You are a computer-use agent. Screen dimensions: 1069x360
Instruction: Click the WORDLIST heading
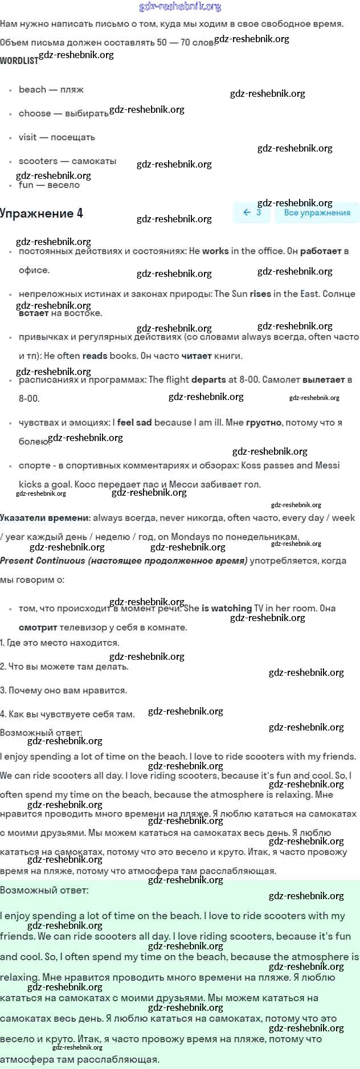pyautogui.click(x=19, y=60)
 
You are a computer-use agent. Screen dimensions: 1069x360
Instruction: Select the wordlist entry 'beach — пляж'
pyautogui.click(x=51, y=89)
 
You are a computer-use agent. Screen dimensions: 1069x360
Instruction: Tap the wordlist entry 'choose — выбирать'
pyautogui.click(x=63, y=113)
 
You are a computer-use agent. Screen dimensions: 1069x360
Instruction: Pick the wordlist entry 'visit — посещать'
pyautogui.click(x=56, y=137)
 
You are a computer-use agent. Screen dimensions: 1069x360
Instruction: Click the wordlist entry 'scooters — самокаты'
pyautogui.click(x=67, y=161)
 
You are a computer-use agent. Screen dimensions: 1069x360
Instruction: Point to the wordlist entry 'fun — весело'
pyautogui.click(x=49, y=185)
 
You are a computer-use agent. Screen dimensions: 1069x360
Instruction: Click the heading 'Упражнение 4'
pyautogui.click(x=42, y=214)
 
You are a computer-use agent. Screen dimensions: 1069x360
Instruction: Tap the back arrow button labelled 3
pyautogui.click(x=251, y=213)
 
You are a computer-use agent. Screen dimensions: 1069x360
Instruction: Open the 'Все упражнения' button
pyautogui.click(x=317, y=213)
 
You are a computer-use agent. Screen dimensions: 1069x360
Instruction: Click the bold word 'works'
pyautogui.click(x=215, y=251)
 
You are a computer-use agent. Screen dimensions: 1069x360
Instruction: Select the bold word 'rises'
pyautogui.click(x=260, y=294)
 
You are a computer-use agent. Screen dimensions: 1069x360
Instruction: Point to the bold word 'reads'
pyautogui.click(x=95, y=356)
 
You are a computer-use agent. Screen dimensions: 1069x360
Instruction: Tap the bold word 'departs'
pyautogui.click(x=208, y=380)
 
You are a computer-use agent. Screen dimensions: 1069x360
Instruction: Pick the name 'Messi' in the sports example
pyautogui.click(x=327, y=466)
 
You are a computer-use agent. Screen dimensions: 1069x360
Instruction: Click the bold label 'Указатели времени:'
pyautogui.click(x=45, y=518)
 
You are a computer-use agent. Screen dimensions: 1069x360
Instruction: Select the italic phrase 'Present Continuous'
pyautogui.click(x=43, y=561)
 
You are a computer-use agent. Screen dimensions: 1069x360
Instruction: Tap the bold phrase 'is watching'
pyautogui.click(x=226, y=609)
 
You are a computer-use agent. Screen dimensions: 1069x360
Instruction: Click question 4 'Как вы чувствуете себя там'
pyautogui.click(x=67, y=715)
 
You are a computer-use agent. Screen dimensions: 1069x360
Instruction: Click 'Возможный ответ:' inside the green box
pyautogui.click(x=44, y=890)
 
